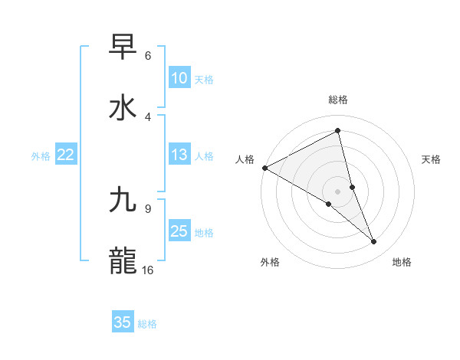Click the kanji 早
pos(123,47)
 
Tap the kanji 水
pos(123,107)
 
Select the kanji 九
pos(123,200)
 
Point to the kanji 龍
pos(123,260)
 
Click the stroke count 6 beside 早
pos(148,56)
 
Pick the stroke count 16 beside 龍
pos(148,270)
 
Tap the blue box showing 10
pos(179,78)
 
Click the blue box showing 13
pos(179,155)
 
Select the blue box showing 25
pos(179,231)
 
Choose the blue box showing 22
pos(66,155)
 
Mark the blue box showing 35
pos(123,322)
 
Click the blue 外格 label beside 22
pos(41,156)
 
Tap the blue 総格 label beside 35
pos(147,324)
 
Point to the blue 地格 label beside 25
pos(204,233)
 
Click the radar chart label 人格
pos(245,159)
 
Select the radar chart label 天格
pos(432,159)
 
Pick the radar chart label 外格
pos(270,262)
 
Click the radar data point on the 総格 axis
pos(338,130)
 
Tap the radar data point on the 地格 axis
pos(374,242)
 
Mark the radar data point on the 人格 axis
pos(264,168)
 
